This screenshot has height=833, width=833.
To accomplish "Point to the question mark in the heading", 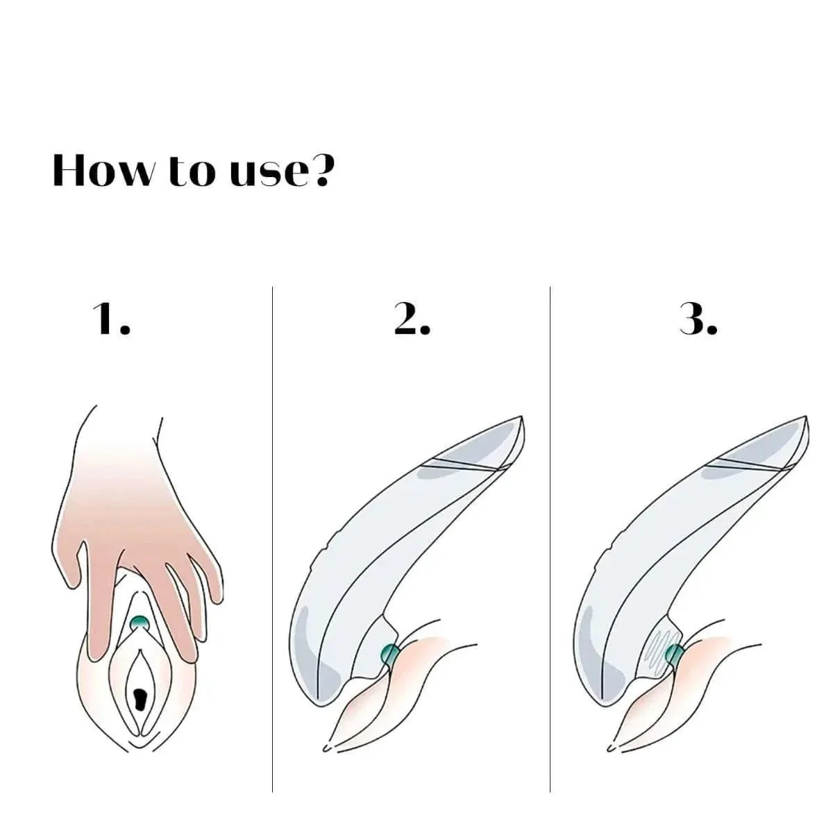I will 321,169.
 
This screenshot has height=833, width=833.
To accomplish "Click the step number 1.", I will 111,319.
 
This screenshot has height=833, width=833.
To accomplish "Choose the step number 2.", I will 412,319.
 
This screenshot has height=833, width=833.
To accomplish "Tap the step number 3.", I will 698,319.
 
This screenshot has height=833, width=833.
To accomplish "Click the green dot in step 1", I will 140,623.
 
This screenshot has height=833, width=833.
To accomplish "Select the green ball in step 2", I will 390,654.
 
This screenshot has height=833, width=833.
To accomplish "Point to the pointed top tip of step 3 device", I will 805,419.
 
